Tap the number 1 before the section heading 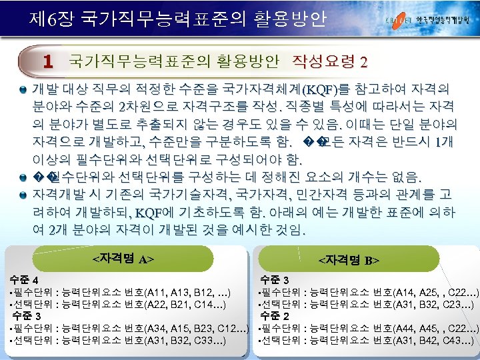[x=47, y=62]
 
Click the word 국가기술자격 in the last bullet [x=193, y=195]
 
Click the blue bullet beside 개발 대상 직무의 [x=23, y=89]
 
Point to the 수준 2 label [x=275, y=315]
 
